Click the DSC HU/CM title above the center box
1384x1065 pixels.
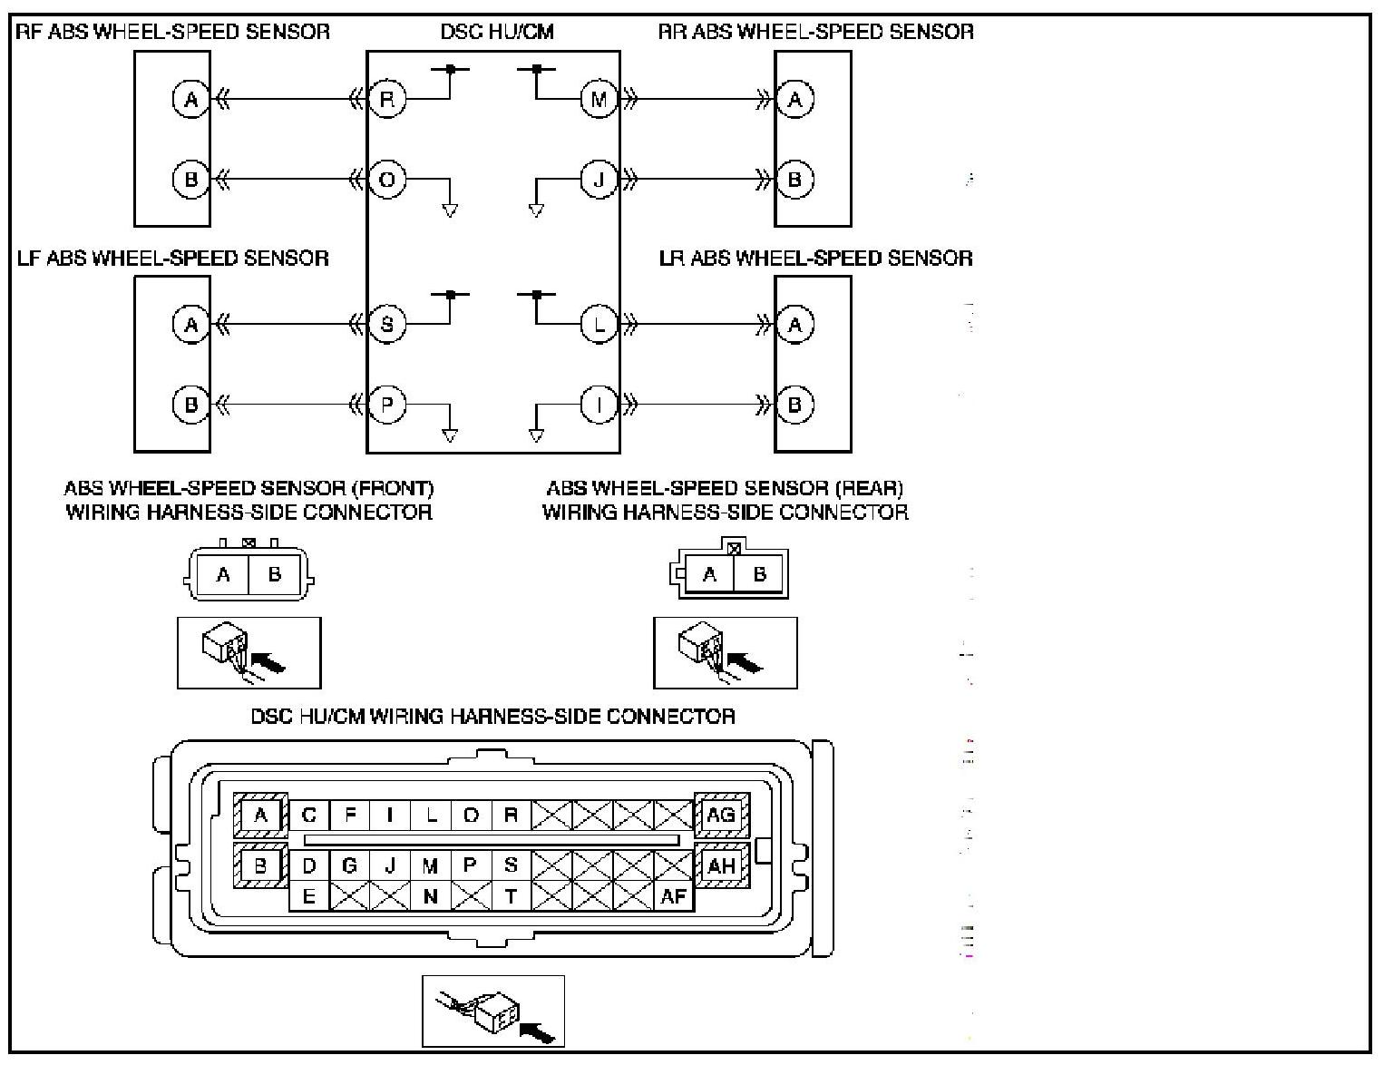point(497,32)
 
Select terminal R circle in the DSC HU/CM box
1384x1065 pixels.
point(387,100)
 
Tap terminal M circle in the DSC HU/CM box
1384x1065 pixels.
point(599,100)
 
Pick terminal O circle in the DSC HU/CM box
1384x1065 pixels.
point(387,179)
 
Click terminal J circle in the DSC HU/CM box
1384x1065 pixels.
point(599,179)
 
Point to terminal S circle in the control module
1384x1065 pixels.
point(387,325)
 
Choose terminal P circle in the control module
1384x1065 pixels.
point(387,405)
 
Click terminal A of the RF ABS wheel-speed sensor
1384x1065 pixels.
point(191,100)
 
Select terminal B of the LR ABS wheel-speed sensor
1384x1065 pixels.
point(794,405)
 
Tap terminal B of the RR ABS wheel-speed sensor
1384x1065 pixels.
point(794,179)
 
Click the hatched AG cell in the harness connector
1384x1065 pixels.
point(722,815)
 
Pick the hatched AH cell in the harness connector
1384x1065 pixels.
point(722,865)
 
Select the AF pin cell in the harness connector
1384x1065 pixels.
point(674,897)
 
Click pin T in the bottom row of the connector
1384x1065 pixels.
point(511,897)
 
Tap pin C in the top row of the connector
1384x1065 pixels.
point(309,815)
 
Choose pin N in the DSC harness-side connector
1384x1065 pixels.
point(430,897)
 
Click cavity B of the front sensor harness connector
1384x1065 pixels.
point(275,574)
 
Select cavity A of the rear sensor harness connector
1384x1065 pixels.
point(709,574)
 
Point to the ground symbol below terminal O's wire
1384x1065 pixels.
point(450,210)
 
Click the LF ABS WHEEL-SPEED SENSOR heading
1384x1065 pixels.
point(173,259)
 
